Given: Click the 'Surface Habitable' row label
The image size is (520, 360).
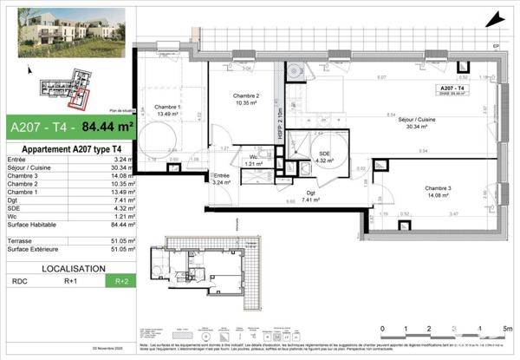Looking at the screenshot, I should [x=32, y=224].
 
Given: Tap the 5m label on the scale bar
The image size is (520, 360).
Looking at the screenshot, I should [x=507, y=329].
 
